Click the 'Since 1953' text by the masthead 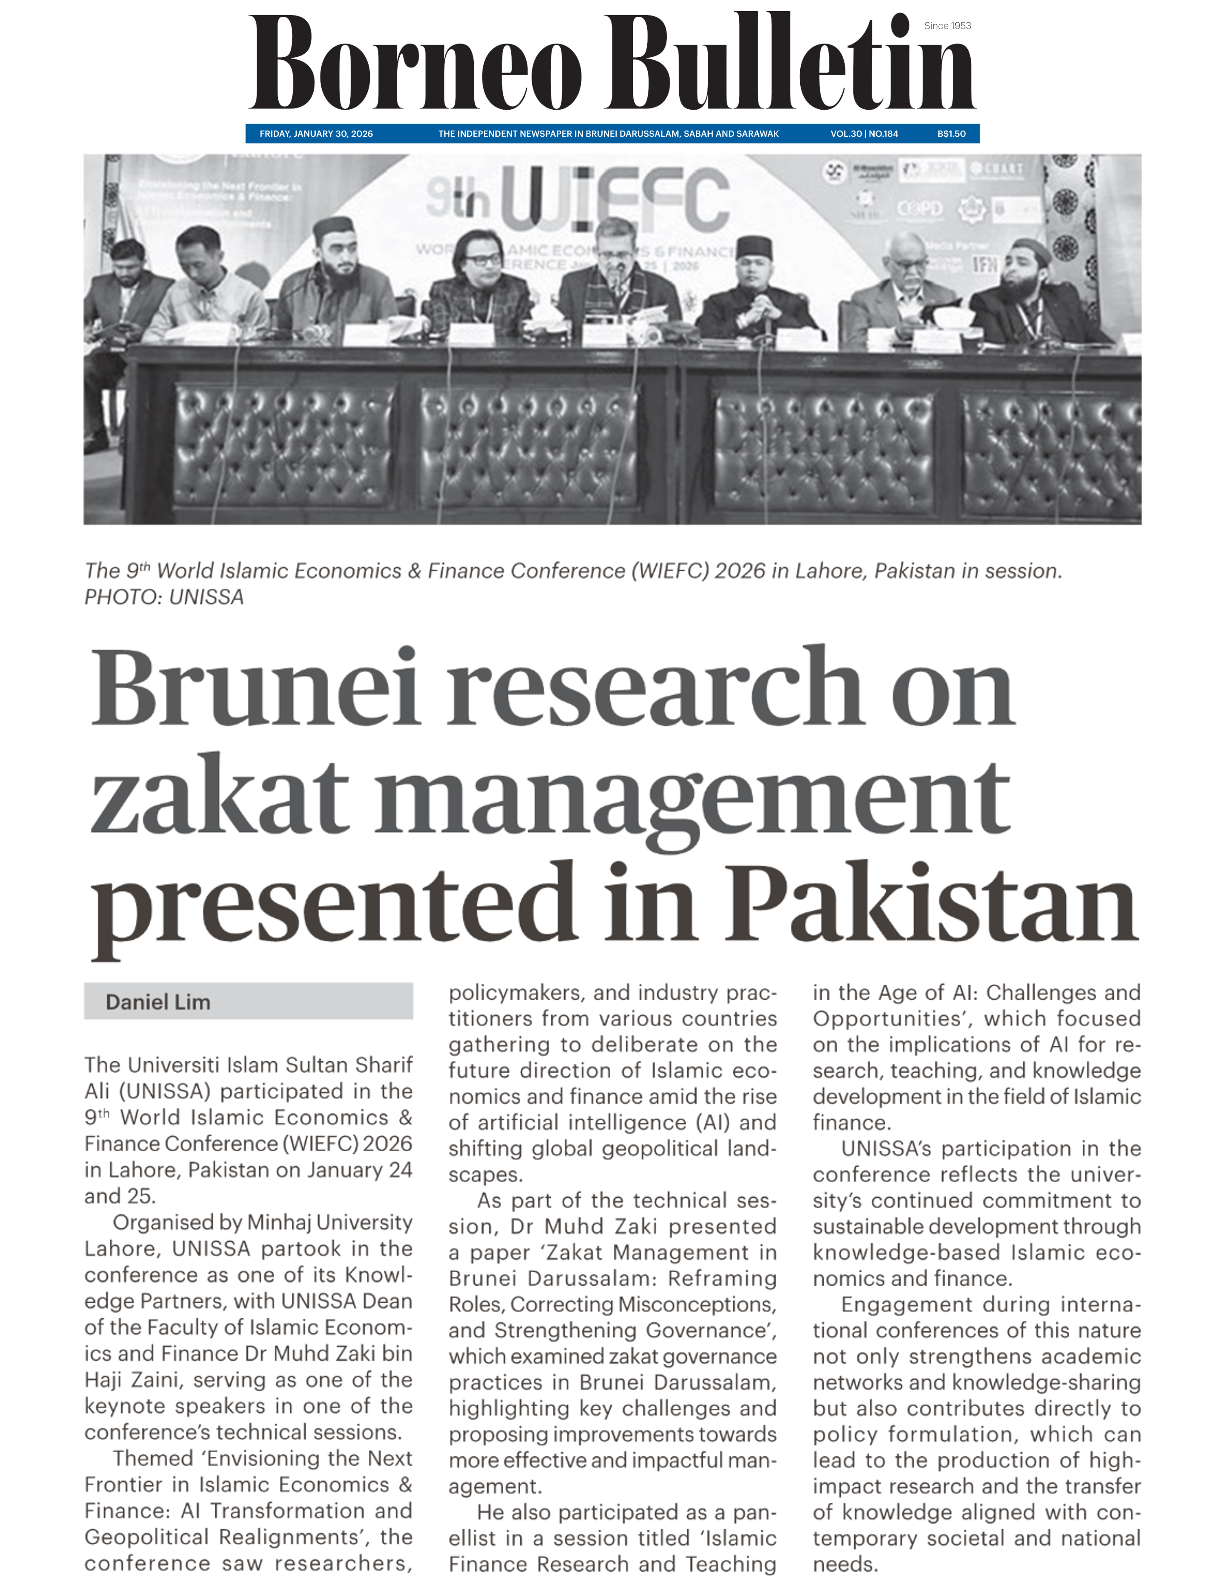[947, 26]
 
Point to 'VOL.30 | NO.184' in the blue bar [864, 134]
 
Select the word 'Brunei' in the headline [255, 689]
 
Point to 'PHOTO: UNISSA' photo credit [164, 597]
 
